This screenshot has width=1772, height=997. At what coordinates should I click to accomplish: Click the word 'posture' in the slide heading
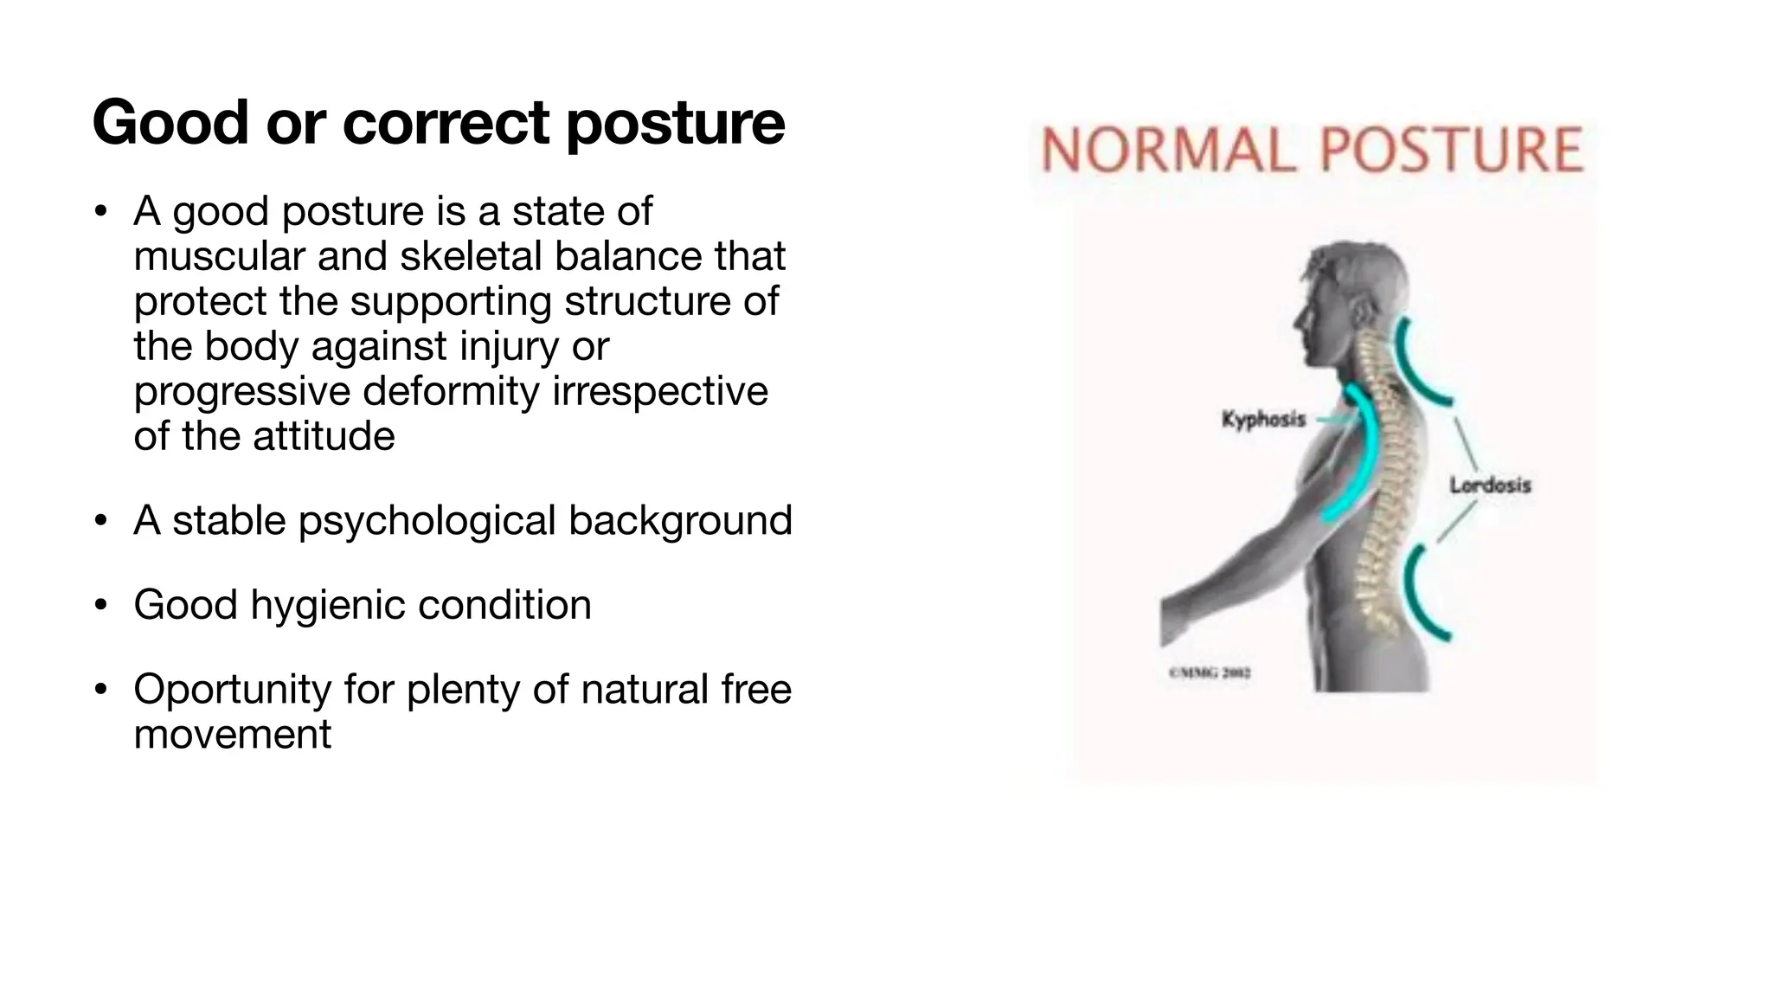point(675,124)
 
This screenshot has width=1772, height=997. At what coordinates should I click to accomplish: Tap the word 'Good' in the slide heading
point(170,122)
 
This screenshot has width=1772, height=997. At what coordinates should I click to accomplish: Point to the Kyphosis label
point(1263,420)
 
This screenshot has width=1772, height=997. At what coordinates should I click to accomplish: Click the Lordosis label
point(1490,486)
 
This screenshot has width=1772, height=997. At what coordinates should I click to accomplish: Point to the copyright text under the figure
point(1209,672)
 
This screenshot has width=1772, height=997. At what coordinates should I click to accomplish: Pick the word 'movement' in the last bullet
point(232,735)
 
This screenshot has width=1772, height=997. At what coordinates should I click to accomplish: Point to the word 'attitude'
point(324,436)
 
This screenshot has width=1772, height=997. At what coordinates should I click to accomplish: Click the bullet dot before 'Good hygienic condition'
point(101,605)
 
